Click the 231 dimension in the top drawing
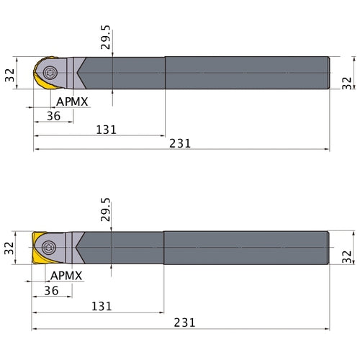180,143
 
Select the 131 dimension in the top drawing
106,130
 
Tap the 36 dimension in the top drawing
53,115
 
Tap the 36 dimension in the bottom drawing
51,291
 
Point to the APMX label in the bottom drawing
69,276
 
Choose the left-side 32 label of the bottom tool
9,249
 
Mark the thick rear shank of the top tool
248,72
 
